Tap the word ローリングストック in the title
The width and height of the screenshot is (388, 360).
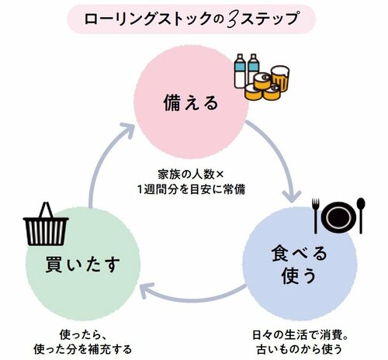(x=158, y=19)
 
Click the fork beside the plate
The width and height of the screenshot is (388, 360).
(x=317, y=214)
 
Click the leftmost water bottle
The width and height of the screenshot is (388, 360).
(x=241, y=71)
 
